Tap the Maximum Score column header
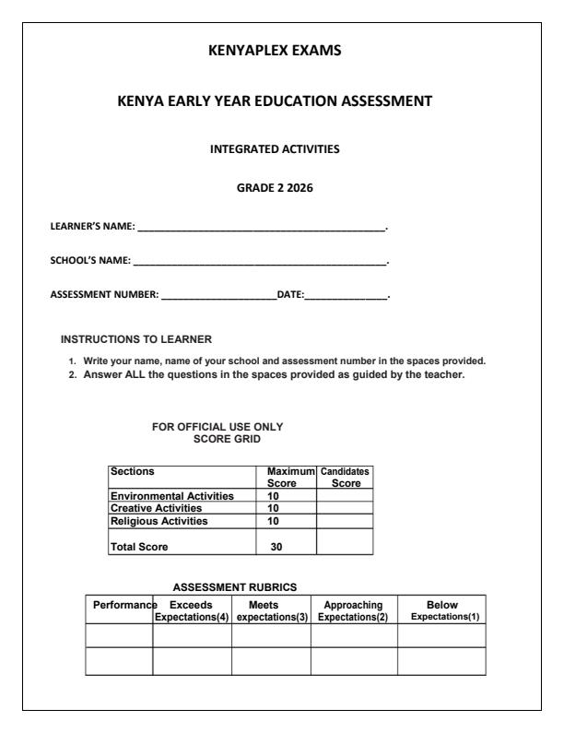(285, 476)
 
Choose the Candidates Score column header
(344, 476)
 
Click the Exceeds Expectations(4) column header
(192, 609)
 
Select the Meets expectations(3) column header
(271, 609)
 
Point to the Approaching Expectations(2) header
(354, 609)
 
